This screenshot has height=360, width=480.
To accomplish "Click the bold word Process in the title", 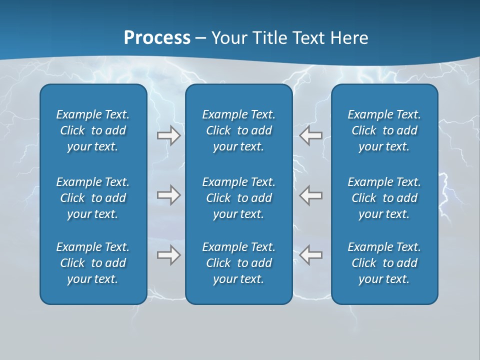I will pyautogui.click(x=157, y=38).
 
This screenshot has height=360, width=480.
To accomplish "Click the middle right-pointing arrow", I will pyautogui.click(x=169, y=195).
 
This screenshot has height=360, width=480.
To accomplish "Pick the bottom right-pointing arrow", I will pyautogui.click(x=169, y=255).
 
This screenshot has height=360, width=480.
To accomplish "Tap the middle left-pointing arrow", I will pyautogui.click(x=310, y=195).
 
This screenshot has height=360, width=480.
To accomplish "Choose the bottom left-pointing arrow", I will pyautogui.click(x=310, y=255).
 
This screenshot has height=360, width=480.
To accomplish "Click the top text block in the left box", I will pyautogui.click(x=93, y=130).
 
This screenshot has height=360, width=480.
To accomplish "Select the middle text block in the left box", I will pyautogui.click(x=93, y=198).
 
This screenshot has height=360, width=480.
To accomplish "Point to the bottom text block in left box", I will pyautogui.click(x=93, y=263).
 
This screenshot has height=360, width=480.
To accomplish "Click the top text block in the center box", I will pyautogui.click(x=239, y=130).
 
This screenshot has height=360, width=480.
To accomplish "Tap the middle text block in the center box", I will pyautogui.click(x=239, y=198).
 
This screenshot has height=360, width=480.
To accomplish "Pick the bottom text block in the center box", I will pyautogui.click(x=239, y=263).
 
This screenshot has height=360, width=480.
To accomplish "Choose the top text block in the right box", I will pyautogui.click(x=384, y=130).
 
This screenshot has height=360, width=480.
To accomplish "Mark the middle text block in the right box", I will pyautogui.click(x=384, y=198).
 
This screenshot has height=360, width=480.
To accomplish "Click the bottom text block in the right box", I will pyautogui.click(x=384, y=263).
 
